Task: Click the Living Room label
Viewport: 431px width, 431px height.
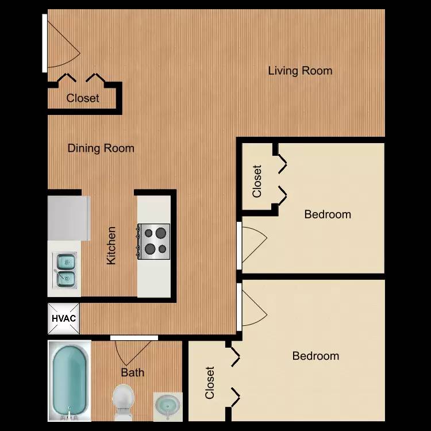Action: pyautogui.click(x=300, y=71)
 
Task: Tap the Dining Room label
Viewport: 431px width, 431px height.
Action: pyautogui.click(x=101, y=148)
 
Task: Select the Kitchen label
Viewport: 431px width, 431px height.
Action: pyautogui.click(x=111, y=245)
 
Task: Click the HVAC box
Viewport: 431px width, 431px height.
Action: pyautogui.click(x=64, y=318)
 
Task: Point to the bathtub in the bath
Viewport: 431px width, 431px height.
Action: pyautogui.click(x=70, y=380)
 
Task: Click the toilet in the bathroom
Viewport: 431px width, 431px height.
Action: pyautogui.click(x=123, y=402)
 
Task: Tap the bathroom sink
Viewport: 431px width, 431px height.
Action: pyautogui.click(x=168, y=406)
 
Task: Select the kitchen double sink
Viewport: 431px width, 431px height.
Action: pyautogui.click(x=65, y=271)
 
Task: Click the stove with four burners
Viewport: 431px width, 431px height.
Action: pyautogui.click(x=153, y=241)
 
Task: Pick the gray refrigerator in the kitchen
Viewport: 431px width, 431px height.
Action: pyautogui.click(x=69, y=218)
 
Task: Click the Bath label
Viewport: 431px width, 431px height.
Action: pyautogui.click(x=133, y=372)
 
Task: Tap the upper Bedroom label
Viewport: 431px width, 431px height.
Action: pyautogui.click(x=328, y=214)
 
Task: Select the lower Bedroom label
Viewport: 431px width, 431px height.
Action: pyautogui.click(x=315, y=356)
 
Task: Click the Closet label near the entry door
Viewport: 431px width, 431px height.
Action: pyautogui.click(x=82, y=98)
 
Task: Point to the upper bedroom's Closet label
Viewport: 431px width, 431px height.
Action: pyautogui.click(x=257, y=181)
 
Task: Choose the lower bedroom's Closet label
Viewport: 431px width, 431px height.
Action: pyautogui.click(x=210, y=383)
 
